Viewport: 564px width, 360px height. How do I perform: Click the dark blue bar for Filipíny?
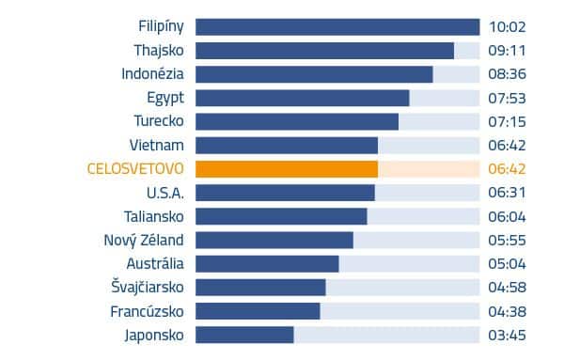[337, 27]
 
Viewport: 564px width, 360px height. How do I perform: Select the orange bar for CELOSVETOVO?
[287, 169]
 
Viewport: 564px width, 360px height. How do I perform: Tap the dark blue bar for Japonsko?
[244, 335]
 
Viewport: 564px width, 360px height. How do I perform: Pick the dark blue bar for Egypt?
[302, 98]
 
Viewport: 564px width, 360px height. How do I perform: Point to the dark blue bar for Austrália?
[267, 263]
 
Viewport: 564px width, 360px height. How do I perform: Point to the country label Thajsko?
[159, 51]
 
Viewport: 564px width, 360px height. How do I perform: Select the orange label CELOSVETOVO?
[135, 169]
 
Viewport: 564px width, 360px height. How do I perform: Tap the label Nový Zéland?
[144, 240]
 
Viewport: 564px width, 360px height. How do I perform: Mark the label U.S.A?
[165, 193]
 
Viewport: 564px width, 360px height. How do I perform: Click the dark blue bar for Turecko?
[297, 121]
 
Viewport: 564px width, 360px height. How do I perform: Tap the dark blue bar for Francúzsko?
[258, 311]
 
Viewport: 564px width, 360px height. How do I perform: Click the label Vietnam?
[157, 145]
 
